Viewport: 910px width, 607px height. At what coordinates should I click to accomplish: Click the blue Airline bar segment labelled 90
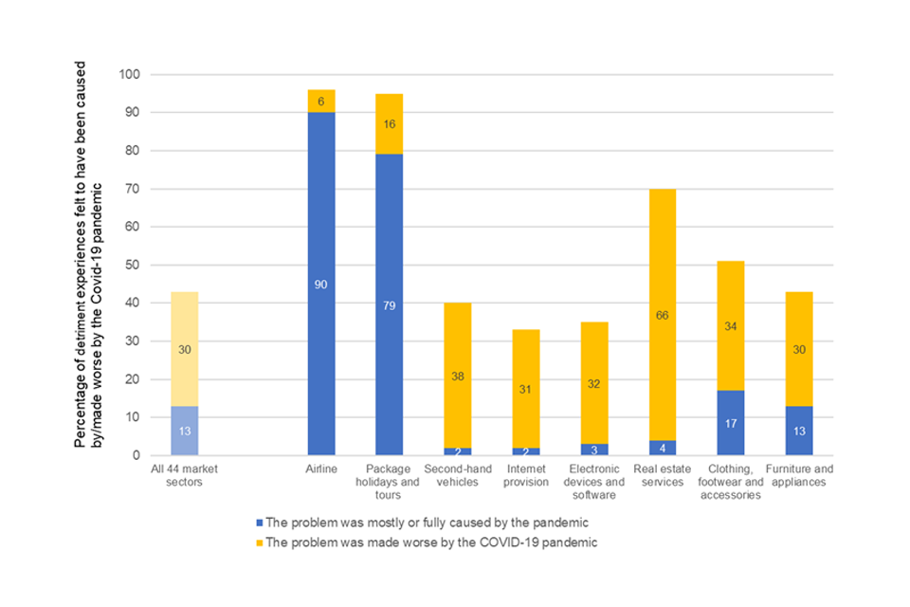pos(321,284)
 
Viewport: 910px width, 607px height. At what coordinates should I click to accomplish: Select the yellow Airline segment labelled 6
pos(321,101)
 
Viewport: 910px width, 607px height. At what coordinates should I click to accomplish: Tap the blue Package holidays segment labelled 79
pos(389,304)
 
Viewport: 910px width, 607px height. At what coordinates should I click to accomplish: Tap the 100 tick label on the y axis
pos(128,74)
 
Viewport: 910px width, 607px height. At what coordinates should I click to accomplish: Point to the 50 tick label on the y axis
pos(132,265)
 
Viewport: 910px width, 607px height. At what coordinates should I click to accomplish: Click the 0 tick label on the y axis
pos(136,455)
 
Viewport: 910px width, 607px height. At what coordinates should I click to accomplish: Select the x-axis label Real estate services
pos(655,475)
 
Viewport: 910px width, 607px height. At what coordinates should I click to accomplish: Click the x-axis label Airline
pos(321,469)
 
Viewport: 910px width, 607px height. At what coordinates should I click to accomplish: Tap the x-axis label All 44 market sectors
pos(177,475)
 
